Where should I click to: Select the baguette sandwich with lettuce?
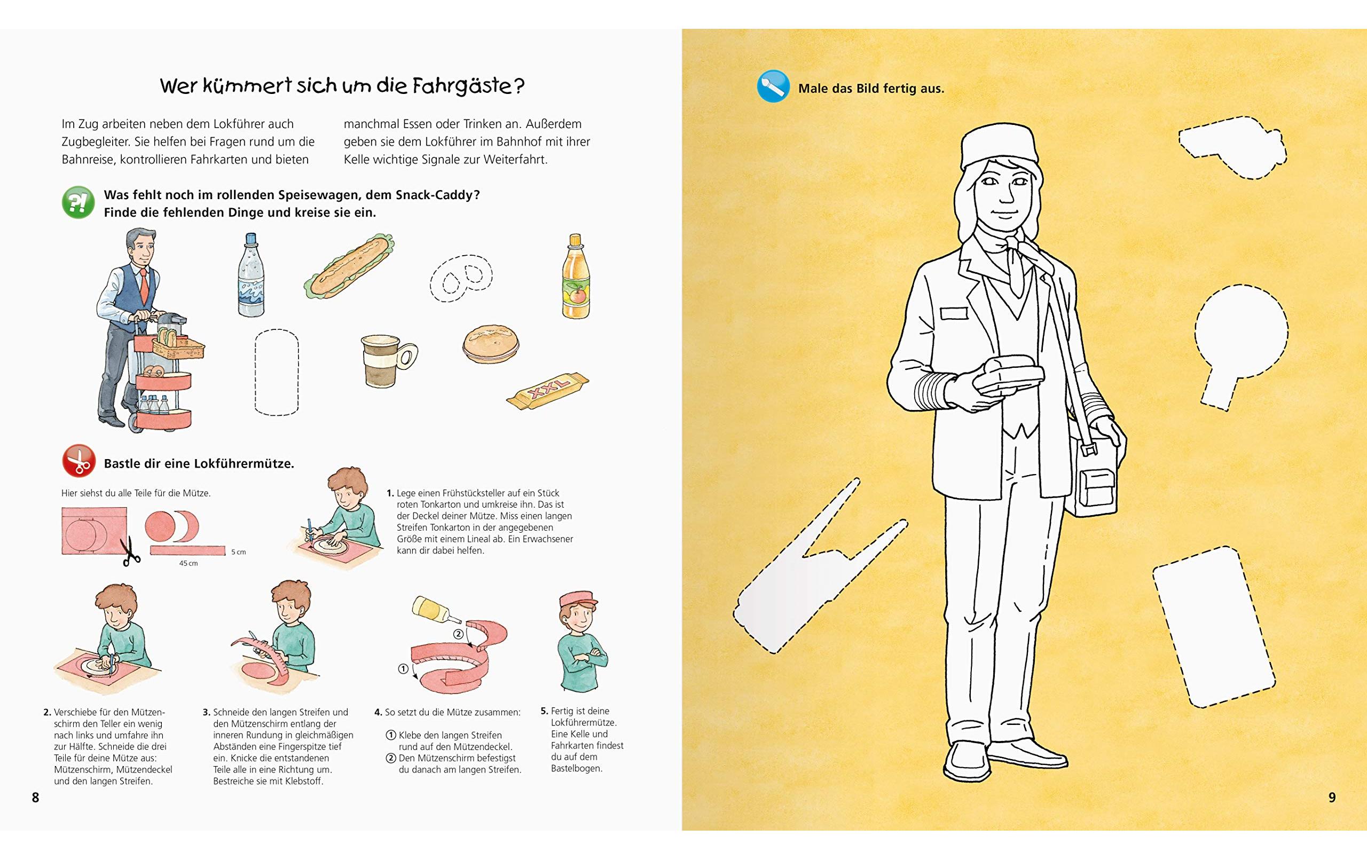coord(349,266)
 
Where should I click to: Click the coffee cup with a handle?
coord(388,360)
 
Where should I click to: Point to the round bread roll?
coord(491,344)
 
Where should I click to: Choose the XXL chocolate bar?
coord(548,391)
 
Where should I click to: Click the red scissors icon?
coord(79,460)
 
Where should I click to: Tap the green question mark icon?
coord(78,203)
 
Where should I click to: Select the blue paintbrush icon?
coord(773,86)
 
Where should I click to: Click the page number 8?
coord(35,798)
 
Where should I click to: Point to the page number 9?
coord(1332,798)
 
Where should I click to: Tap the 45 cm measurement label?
coord(188,563)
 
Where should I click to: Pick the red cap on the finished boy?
coord(578,599)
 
